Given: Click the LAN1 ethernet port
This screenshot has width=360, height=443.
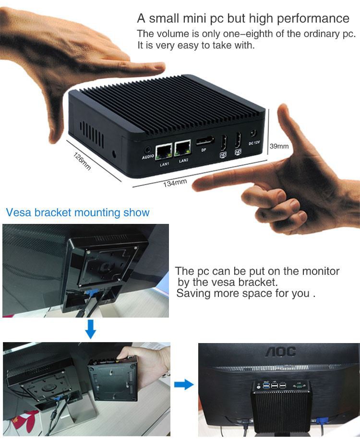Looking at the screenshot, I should [x=164, y=151].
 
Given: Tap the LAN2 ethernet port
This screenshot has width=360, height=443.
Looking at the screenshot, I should [x=183, y=149].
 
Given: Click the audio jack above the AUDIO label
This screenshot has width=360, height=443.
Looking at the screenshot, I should [x=147, y=149].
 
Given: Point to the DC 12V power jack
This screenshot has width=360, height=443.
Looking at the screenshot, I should [x=254, y=135].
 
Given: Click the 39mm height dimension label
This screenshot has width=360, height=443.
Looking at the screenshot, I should [x=279, y=146].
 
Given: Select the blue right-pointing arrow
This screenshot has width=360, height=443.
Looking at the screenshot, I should [x=183, y=384].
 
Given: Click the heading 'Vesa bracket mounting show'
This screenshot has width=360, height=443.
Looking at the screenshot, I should [x=78, y=212].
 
